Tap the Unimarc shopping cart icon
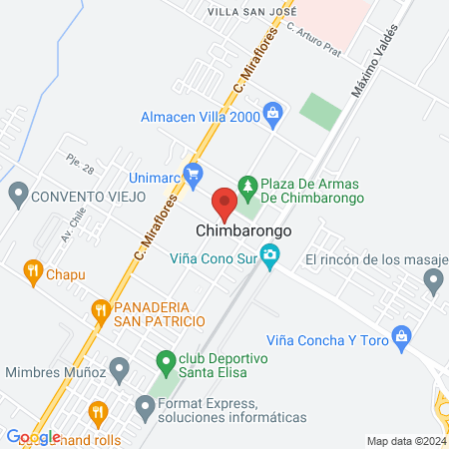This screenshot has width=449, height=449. (x=194, y=172)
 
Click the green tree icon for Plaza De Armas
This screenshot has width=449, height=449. (x=246, y=186)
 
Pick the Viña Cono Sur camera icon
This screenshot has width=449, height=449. (x=270, y=257)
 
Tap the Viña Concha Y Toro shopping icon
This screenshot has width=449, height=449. (x=402, y=333)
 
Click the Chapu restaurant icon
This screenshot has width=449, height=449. (x=33, y=269)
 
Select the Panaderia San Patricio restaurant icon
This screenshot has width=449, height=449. (x=100, y=311)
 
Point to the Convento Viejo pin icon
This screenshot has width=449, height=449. (x=17, y=195)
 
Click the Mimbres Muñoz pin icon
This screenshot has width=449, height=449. (x=119, y=371)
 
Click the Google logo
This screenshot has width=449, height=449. (x=33, y=436)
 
